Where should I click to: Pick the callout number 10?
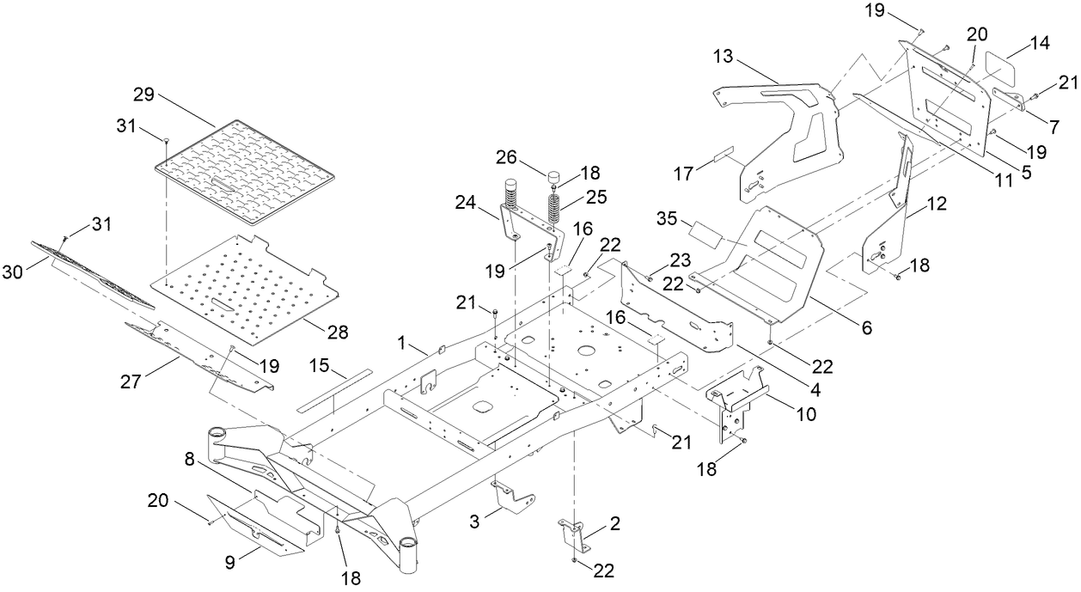coord(805,414)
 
